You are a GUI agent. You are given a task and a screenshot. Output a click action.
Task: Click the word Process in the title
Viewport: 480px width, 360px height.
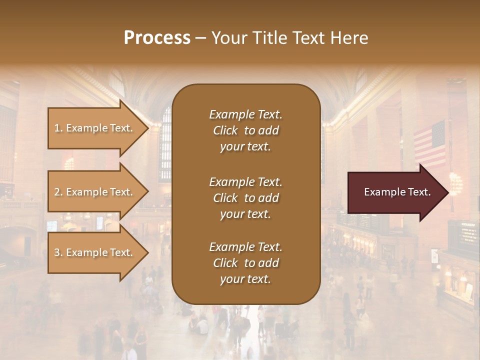click(x=157, y=38)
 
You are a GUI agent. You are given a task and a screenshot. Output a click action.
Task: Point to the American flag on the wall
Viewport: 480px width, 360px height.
click(x=429, y=145)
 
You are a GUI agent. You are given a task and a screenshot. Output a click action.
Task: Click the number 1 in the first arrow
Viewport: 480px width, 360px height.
click(x=57, y=128)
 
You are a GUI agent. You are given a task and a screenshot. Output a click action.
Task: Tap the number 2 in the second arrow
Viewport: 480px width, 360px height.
click(x=57, y=192)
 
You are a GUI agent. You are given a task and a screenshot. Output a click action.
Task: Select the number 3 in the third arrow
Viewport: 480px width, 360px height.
click(x=57, y=252)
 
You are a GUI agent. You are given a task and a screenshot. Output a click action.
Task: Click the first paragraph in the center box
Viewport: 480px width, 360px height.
click(x=245, y=130)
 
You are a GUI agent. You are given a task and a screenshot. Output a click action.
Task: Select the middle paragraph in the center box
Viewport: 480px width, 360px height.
click(x=245, y=197)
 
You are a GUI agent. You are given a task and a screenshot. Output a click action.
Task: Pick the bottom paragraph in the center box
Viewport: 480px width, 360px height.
click(x=245, y=263)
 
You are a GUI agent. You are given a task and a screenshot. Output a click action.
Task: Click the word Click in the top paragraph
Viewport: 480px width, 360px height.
click(x=225, y=130)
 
